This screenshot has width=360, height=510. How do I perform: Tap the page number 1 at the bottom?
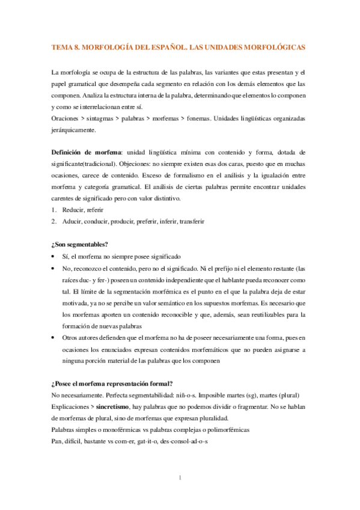point(180,478)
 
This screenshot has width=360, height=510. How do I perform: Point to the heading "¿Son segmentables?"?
point(80,244)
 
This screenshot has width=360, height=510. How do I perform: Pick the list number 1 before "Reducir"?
point(54,210)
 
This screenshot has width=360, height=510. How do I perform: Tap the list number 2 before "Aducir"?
point(54,221)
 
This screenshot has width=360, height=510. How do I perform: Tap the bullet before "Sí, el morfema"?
point(55,256)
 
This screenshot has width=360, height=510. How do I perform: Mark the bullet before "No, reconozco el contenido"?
point(55,268)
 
